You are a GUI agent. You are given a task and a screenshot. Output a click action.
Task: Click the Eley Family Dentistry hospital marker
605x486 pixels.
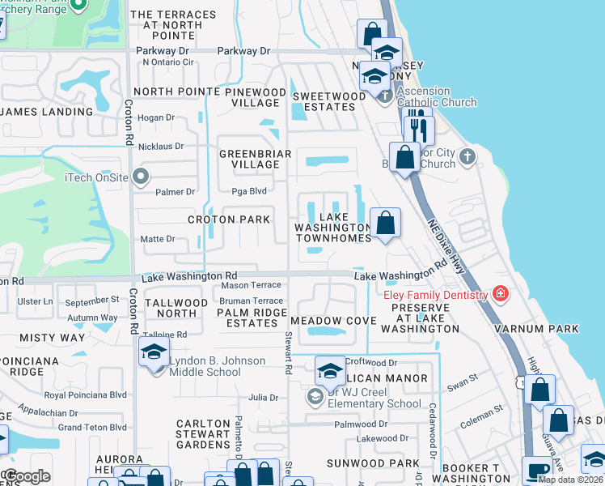point(501,292)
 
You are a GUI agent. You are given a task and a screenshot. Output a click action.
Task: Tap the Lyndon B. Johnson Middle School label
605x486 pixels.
point(209,366)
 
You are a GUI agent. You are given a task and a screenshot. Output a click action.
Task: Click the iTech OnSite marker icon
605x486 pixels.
point(142,175)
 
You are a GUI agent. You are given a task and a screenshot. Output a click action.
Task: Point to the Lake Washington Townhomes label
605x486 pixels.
point(333,228)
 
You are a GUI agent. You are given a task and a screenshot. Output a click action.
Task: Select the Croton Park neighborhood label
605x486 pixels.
point(228,220)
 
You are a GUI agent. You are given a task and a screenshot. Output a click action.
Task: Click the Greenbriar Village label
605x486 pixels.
point(250,158)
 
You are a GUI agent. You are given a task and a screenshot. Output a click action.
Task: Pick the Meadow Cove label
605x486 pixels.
point(333,322)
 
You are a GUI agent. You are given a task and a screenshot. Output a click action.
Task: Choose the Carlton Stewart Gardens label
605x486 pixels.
point(204,434)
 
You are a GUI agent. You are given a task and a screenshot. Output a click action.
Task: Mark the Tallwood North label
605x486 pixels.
point(176,308)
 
